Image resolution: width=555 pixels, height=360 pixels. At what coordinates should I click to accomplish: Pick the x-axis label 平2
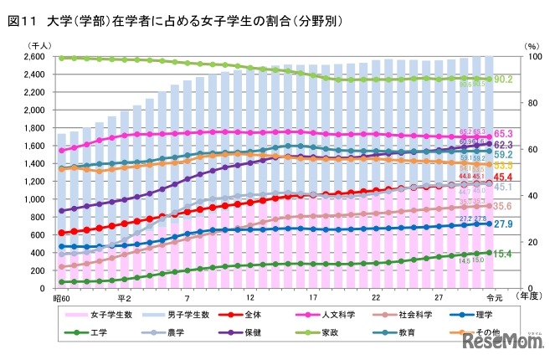tap(124, 298)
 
